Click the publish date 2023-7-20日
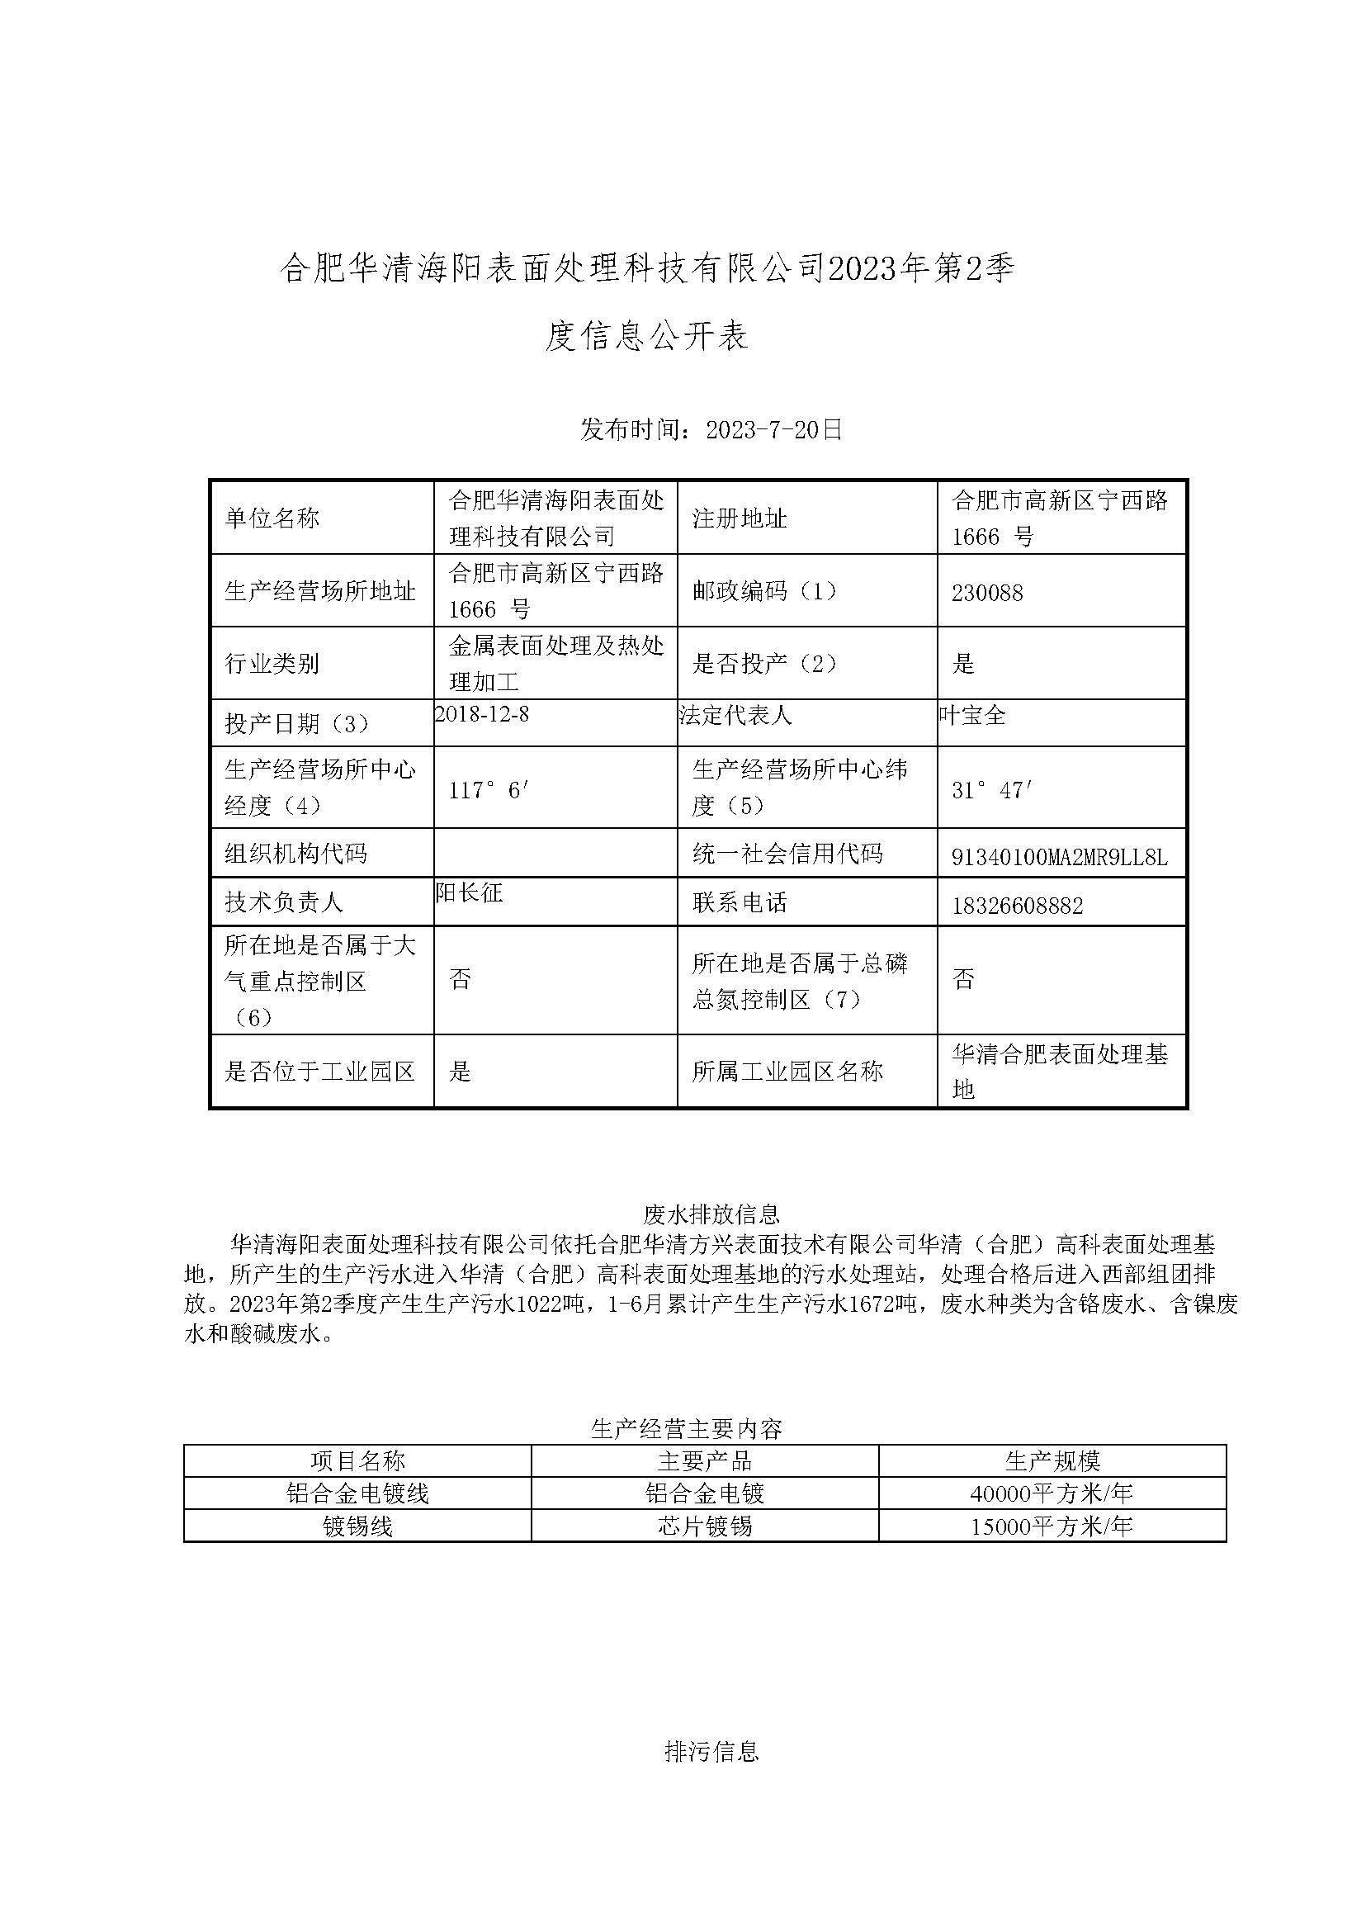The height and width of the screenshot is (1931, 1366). tap(773, 430)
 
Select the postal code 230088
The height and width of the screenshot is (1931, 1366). tap(986, 594)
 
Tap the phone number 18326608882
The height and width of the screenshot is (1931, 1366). tap(1017, 906)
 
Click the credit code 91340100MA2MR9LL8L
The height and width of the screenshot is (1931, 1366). tap(1059, 857)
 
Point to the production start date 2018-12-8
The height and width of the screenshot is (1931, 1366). tap(482, 714)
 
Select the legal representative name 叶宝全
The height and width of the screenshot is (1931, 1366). tap(972, 715)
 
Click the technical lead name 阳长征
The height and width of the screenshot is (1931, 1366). tap(470, 892)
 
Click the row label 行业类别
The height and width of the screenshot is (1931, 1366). tap(272, 664)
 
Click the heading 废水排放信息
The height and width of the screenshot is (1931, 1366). tap(711, 1214)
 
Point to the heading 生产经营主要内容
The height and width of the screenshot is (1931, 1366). tap(687, 1428)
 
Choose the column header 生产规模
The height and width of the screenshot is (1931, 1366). tap(1052, 1460)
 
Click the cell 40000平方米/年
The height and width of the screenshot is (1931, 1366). tap(1052, 1493)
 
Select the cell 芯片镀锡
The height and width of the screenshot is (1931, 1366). tap(705, 1526)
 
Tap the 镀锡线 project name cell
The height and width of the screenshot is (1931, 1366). tap(357, 1526)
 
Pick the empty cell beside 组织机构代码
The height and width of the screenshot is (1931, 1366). tap(555, 853)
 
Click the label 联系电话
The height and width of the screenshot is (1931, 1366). tap(740, 903)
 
